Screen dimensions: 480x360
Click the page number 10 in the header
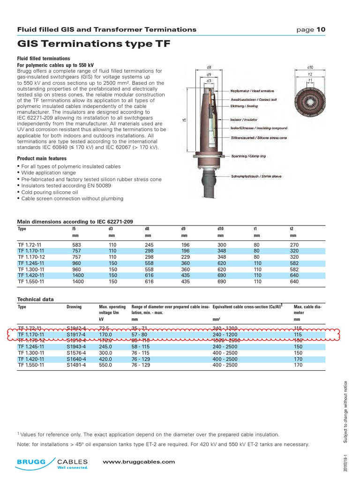(321, 30)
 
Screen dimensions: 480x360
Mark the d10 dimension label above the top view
(310, 67)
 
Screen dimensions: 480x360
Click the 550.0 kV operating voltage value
(105, 365)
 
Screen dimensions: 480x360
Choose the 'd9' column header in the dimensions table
(183, 229)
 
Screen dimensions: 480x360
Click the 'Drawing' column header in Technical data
(74, 307)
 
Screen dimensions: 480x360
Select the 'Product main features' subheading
(42, 158)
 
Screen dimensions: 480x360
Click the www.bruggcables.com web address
(139, 462)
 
